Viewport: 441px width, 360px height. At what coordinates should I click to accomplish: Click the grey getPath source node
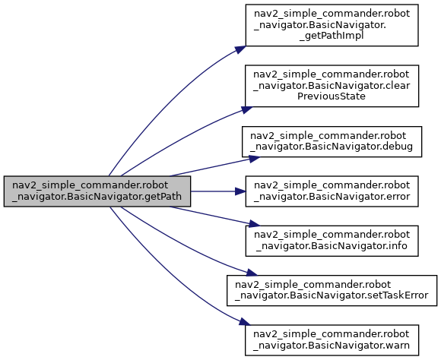(x=97, y=191)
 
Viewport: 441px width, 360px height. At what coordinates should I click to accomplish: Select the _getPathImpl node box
(x=332, y=25)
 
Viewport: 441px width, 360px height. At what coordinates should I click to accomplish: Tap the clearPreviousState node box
(x=332, y=86)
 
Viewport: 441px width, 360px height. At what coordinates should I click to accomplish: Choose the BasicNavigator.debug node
(x=332, y=141)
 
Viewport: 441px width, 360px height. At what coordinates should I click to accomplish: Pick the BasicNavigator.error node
(x=332, y=191)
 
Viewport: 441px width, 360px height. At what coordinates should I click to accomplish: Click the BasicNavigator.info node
(x=332, y=241)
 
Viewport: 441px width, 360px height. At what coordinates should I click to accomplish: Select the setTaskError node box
(x=332, y=291)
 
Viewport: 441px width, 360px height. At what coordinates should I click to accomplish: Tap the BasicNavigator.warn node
(x=332, y=340)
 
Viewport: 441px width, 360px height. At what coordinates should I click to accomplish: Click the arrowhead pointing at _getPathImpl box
(x=241, y=49)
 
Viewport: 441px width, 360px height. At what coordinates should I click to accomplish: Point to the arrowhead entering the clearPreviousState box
(x=246, y=109)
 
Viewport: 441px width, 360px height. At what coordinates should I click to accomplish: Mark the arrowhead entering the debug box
(x=255, y=159)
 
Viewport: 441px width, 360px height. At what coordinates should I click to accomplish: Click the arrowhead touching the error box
(x=240, y=191)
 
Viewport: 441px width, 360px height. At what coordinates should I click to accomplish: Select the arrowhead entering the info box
(x=255, y=224)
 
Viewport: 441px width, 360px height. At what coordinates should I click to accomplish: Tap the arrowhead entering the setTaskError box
(x=252, y=273)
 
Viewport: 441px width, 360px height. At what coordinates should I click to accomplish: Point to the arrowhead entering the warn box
(x=245, y=322)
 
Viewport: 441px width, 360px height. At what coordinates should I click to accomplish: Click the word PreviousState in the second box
(x=332, y=96)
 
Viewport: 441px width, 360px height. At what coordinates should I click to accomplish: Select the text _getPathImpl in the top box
(x=332, y=36)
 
